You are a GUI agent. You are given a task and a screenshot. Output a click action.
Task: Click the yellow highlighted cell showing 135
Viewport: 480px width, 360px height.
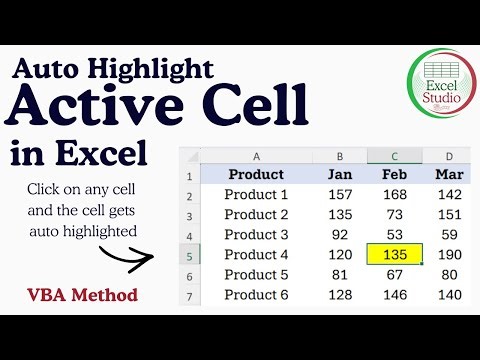394,254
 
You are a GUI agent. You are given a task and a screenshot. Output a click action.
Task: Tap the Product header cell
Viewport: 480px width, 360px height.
256,174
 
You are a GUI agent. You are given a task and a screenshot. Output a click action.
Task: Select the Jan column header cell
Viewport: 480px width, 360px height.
339,174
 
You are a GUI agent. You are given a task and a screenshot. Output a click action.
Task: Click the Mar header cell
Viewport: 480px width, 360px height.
449,174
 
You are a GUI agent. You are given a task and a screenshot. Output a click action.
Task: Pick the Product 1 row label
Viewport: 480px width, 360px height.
256,194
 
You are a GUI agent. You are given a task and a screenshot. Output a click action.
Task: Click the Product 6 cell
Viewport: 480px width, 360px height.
256,294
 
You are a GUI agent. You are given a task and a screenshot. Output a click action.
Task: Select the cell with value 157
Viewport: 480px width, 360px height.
339,194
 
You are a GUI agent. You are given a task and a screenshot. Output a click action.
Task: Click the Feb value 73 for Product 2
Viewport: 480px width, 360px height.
394,214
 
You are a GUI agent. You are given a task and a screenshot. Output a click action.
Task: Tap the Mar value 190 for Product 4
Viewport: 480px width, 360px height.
449,254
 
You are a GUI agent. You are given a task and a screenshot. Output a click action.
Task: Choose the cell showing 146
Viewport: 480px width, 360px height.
394,294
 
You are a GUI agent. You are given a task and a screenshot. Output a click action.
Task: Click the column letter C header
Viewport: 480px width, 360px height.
394,156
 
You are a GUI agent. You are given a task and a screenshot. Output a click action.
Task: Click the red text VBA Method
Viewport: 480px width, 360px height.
82,295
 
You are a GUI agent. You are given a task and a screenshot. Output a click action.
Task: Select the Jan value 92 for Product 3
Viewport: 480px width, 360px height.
339,234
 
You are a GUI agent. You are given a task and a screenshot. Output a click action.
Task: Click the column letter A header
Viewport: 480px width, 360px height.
256,156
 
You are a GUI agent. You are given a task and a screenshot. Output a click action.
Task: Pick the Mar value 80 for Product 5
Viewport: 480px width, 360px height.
449,274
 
